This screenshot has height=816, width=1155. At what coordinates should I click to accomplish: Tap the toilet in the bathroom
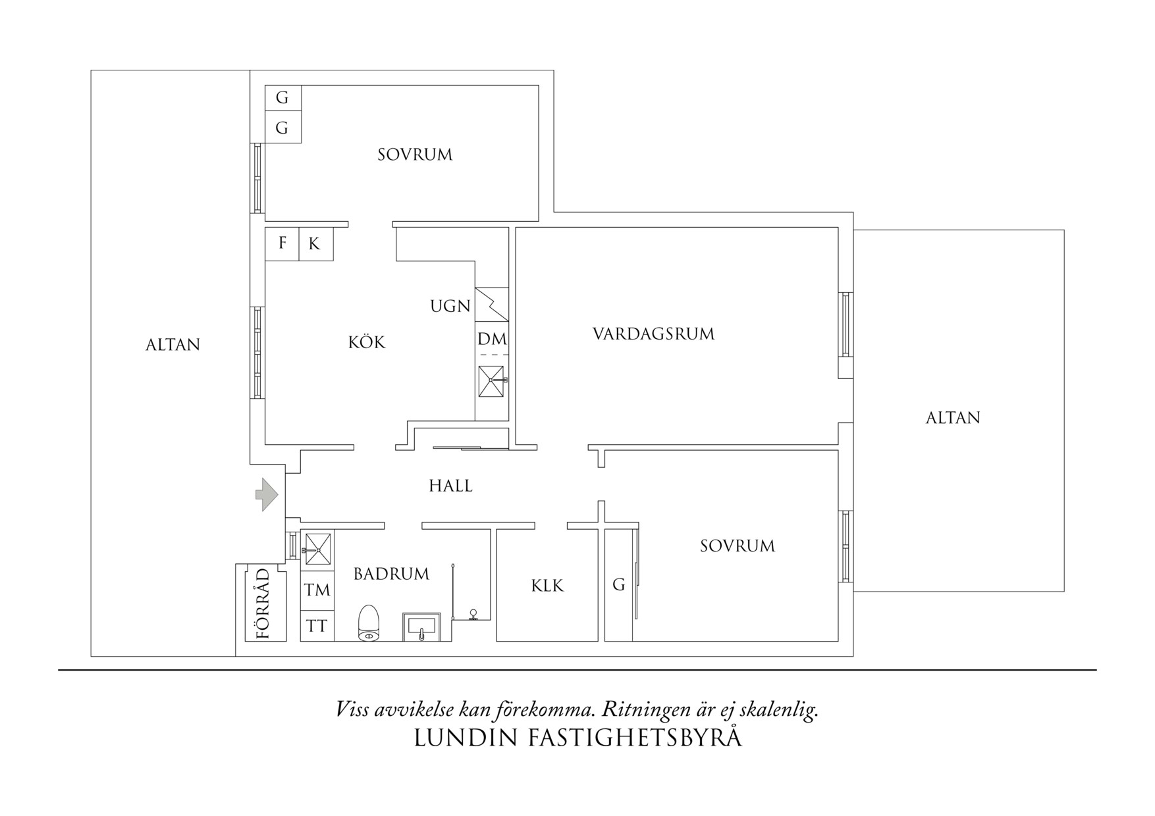369,623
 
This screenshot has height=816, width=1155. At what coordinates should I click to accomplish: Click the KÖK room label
367,342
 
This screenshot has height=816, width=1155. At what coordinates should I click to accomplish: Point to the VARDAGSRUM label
653,334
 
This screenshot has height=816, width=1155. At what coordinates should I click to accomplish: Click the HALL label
450,486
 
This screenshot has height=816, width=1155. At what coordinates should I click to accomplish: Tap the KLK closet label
547,586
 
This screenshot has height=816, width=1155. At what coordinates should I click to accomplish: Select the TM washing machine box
317,590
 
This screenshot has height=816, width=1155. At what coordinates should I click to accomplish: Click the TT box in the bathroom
317,626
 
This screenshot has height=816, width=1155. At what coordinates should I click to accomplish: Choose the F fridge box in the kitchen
282,243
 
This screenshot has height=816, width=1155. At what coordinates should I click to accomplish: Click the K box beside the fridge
315,244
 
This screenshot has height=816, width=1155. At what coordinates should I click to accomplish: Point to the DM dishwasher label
492,340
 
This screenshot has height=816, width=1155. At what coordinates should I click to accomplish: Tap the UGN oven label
450,306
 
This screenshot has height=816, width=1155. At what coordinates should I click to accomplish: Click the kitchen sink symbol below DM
491,381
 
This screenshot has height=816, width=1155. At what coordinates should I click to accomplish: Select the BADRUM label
391,574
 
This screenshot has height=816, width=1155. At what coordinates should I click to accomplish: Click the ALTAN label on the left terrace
173,345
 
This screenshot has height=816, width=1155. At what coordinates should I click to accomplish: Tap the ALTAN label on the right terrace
952,418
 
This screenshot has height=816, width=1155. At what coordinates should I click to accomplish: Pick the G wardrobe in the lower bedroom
618,584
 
